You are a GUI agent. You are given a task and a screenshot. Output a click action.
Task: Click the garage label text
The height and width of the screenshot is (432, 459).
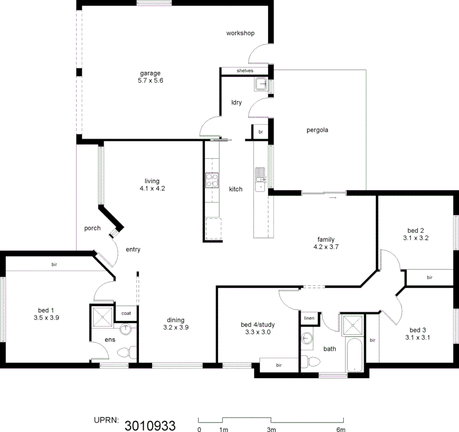[150, 73]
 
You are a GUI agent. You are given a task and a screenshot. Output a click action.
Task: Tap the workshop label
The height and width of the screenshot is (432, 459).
[240, 33]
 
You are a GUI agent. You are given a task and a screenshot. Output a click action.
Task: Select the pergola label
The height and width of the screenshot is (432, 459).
[317, 130]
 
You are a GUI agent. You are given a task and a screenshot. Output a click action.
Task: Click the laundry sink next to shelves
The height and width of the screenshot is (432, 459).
[261, 84]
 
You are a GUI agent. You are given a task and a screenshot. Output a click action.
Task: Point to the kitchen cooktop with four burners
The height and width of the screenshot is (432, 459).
[212, 180]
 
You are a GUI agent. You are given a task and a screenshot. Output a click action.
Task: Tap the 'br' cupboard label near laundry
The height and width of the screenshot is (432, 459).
[260, 132]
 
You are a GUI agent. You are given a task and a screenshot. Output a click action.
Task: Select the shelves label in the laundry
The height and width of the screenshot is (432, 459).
[244, 71]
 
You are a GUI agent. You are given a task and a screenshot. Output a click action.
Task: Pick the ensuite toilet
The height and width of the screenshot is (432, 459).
[124, 353]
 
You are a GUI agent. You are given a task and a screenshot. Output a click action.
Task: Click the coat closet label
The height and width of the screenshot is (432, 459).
[126, 314]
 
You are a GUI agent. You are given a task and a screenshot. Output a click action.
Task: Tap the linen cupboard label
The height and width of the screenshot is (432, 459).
[309, 318]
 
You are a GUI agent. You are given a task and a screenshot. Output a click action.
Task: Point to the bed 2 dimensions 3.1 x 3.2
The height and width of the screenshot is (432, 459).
[415, 238]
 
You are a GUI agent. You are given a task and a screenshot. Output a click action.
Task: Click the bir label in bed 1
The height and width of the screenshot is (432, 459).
[54, 264]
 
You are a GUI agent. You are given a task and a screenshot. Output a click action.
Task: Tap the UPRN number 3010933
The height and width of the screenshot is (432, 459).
[150, 425]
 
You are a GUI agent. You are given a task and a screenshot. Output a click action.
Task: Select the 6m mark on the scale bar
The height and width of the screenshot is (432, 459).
[341, 430]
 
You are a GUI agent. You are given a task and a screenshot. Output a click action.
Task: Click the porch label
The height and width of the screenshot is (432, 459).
[92, 228]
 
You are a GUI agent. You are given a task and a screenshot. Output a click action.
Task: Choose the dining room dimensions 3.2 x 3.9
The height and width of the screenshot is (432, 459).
[176, 327]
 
